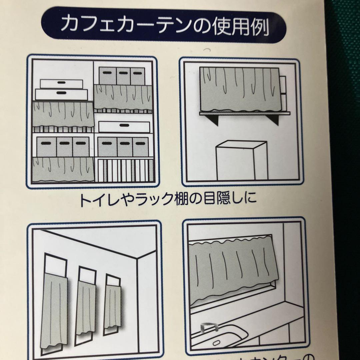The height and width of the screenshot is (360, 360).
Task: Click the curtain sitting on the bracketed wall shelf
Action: point(239,89)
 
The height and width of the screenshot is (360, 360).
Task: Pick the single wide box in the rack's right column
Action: point(124,127)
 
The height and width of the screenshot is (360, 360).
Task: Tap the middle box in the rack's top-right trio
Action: point(123,76)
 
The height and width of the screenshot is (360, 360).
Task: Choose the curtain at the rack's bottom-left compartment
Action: point(63,168)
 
